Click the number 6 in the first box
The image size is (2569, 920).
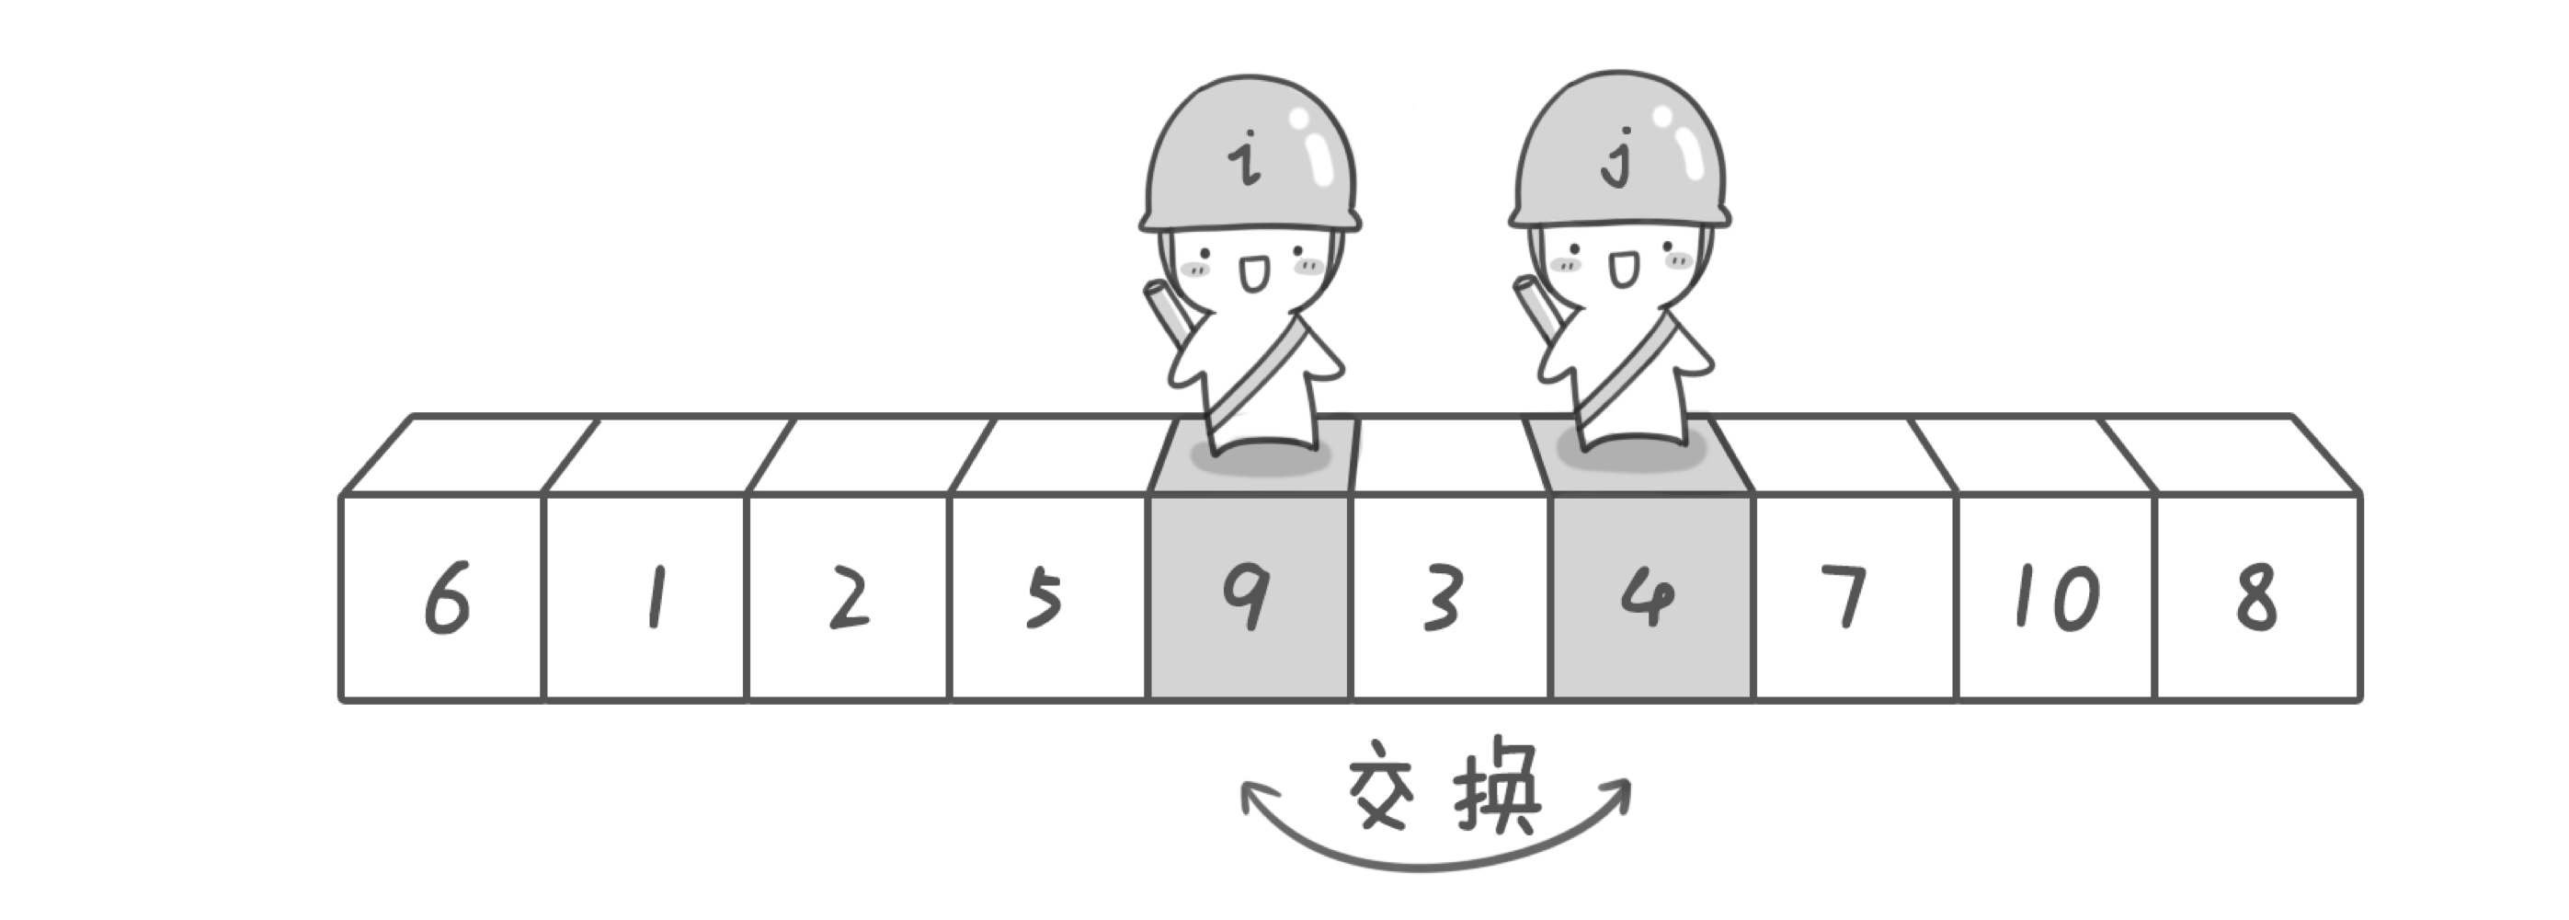click(446, 598)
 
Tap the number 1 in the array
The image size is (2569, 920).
click(656, 598)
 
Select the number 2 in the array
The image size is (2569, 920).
click(850, 598)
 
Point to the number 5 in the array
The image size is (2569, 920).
click(1044, 600)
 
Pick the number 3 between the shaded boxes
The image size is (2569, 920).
click(1442, 598)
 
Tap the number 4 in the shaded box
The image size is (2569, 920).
click(1648, 598)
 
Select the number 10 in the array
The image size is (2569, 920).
click(2058, 598)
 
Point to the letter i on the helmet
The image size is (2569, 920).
click(1244, 163)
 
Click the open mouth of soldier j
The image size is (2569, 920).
click(1622, 270)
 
